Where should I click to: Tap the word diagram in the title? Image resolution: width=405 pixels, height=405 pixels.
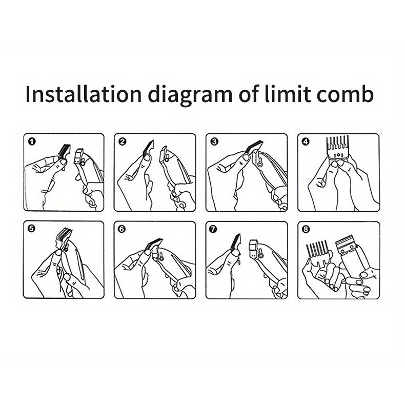191,95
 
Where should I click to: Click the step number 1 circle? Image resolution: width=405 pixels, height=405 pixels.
32,141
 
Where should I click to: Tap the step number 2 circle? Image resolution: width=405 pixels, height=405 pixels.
123,141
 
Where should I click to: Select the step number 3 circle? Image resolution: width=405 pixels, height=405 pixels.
214,141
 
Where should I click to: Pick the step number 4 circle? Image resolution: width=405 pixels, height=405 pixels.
306,141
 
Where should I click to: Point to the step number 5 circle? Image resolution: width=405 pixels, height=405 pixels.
32,229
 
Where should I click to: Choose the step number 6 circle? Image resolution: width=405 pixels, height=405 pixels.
123,229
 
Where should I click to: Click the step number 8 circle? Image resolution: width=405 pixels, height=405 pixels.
306,229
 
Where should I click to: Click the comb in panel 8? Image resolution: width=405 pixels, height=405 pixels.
317,254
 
